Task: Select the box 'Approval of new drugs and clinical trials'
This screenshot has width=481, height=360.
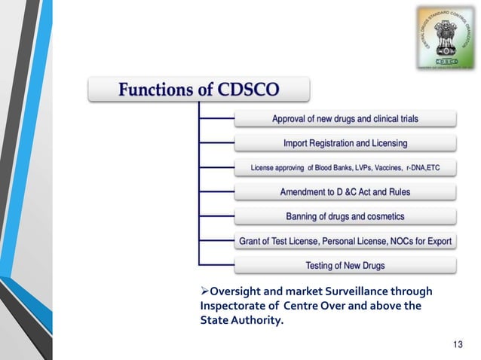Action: click(x=345, y=118)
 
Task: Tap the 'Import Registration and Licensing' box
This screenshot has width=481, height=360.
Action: click(x=345, y=143)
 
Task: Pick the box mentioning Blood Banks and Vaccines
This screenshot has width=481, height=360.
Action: click(x=345, y=167)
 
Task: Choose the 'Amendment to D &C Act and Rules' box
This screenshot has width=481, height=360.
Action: click(x=345, y=192)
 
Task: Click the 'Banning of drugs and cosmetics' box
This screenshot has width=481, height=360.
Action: click(x=345, y=216)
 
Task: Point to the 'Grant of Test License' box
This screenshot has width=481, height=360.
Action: click(x=345, y=241)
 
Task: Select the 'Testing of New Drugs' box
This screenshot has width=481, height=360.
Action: click(x=345, y=265)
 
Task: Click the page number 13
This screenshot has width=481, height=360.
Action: click(x=457, y=344)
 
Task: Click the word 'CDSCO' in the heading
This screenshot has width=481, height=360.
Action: click(x=249, y=90)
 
